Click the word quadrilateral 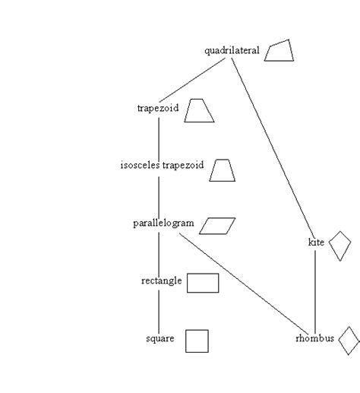tap(232, 51)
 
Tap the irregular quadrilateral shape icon tap(279, 51)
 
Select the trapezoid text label tap(157, 109)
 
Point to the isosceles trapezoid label tap(162, 165)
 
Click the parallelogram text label tap(163, 223)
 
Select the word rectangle tap(161, 281)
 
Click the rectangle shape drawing tap(203, 283)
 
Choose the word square tap(160, 339)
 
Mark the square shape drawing tap(197, 341)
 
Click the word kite tap(316, 242)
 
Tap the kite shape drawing tap(340, 246)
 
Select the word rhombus tap(314, 339)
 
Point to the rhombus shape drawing tap(349, 341)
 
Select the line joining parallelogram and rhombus tap(243, 281)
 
